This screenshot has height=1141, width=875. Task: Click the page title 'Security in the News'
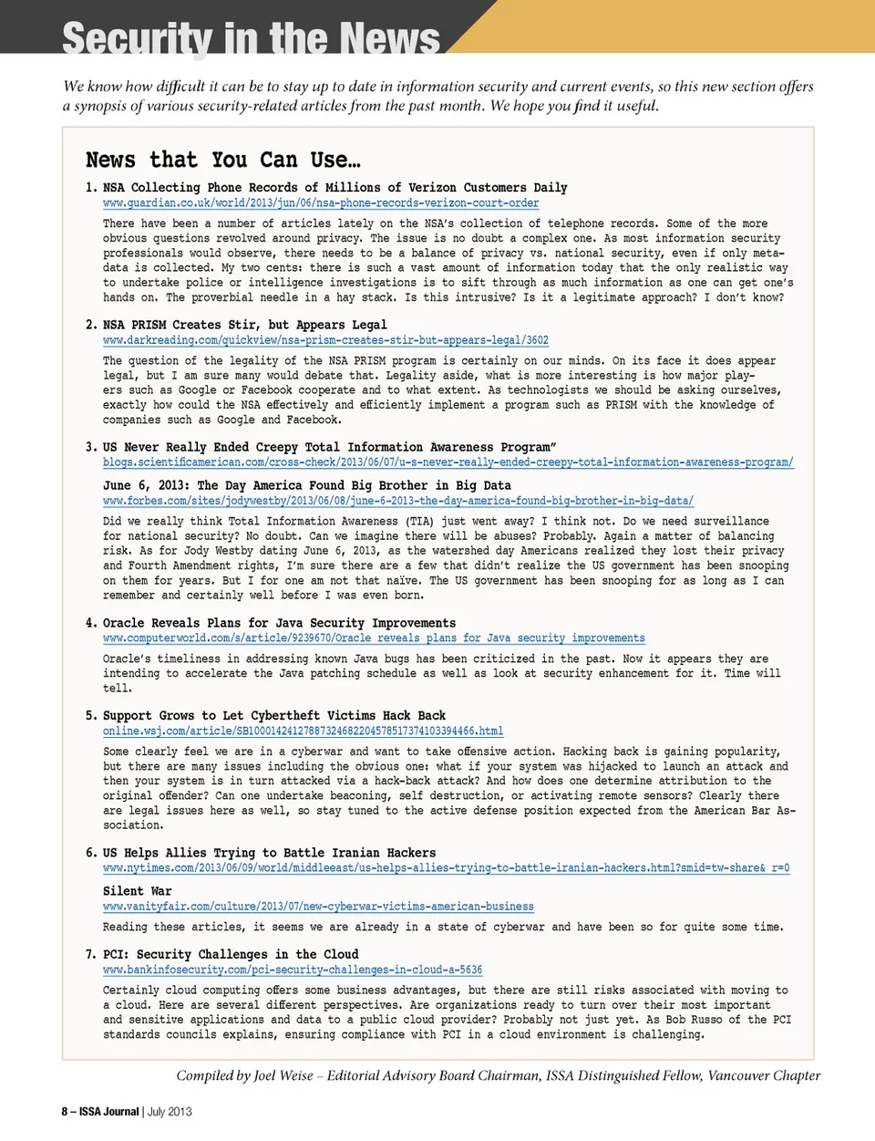point(251,38)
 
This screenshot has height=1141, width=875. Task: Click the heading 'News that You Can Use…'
point(222,161)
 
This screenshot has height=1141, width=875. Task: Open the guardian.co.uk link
point(321,203)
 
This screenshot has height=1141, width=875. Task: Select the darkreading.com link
point(325,340)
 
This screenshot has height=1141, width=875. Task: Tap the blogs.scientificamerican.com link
point(448,462)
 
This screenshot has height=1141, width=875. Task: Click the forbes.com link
point(397,501)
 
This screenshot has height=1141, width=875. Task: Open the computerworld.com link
point(374,638)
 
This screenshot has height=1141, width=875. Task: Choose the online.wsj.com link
point(303,731)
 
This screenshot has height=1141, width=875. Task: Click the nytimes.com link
point(446,868)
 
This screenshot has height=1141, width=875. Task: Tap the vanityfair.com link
point(318,907)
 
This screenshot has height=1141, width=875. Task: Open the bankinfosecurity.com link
point(293,970)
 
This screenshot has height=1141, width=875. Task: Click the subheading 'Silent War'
point(137,891)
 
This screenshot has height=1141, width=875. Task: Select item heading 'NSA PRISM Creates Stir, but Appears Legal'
point(244,325)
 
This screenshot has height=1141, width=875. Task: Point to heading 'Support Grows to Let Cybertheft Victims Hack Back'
point(273,716)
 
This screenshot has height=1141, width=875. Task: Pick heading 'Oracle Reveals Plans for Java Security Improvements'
point(279,623)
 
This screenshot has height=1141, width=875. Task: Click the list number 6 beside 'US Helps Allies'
point(90,853)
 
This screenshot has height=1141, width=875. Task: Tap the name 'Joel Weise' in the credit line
point(283,1075)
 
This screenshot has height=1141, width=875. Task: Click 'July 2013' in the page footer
point(170,1112)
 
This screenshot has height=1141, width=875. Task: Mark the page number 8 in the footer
point(65,1112)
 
